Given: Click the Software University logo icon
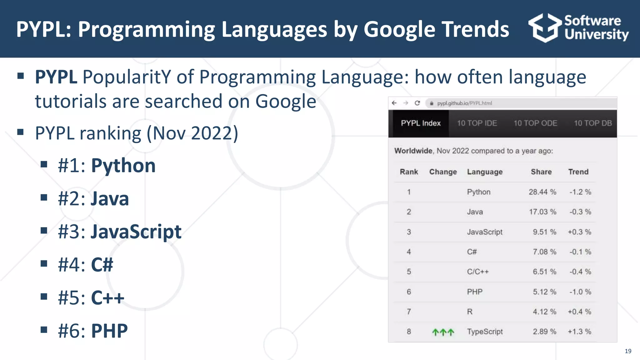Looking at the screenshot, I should (x=545, y=28).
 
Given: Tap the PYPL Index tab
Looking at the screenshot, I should (x=421, y=123).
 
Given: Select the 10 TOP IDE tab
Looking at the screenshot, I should (x=477, y=123).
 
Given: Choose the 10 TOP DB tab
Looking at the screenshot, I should (x=592, y=123).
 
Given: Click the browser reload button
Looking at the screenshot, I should (x=417, y=103).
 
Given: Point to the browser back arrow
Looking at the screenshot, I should (x=394, y=103).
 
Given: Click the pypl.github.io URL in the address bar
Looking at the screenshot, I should (x=464, y=103).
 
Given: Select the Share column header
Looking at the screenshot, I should (x=541, y=172).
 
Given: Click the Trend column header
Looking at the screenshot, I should (x=578, y=172).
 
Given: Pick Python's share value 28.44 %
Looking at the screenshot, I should (x=542, y=192).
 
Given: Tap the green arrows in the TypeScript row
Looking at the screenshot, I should (x=443, y=332).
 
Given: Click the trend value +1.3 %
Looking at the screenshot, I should (x=579, y=332).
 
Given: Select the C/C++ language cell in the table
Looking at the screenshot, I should (x=477, y=272).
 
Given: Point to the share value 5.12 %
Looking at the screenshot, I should (x=544, y=292).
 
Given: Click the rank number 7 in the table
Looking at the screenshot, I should (x=409, y=312).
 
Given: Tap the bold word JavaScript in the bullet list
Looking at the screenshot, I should (x=136, y=232).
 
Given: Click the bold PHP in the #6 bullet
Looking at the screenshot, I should (x=109, y=331).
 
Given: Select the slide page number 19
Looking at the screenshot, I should (x=628, y=351).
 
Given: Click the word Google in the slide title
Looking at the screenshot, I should (x=399, y=29).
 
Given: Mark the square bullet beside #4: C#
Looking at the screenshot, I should (x=44, y=263).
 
